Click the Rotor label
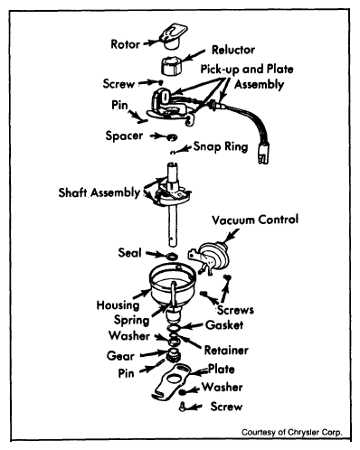pyautogui.click(x=125, y=44)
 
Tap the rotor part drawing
pyautogui.click(x=173, y=36)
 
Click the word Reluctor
pyautogui.click(x=233, y=50)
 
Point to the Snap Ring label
pyautogui.click(x=221, y=146)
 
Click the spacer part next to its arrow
pyautogui.click(x=172, y=137)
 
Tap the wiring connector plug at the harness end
pyautogui.click(x=263, y=155)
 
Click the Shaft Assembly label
pyautogui.click(x=99, y=192)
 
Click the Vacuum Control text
pyautogui.click(x=255, y=220)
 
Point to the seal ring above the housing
pyautogui.click(x=172, y=257)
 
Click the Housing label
pyautogui.click(x=118, y=305)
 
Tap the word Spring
pyautogui.click(x=131, y=320)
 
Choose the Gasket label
pyautogui.click(x=224, y=325)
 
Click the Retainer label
pyautogui.click(x=226, y=350)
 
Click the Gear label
pyautogui.click(x=120, y=356)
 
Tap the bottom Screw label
pyautogui.click(x=226, y=407)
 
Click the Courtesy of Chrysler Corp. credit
pyautogui.click(x=292, y=432)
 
